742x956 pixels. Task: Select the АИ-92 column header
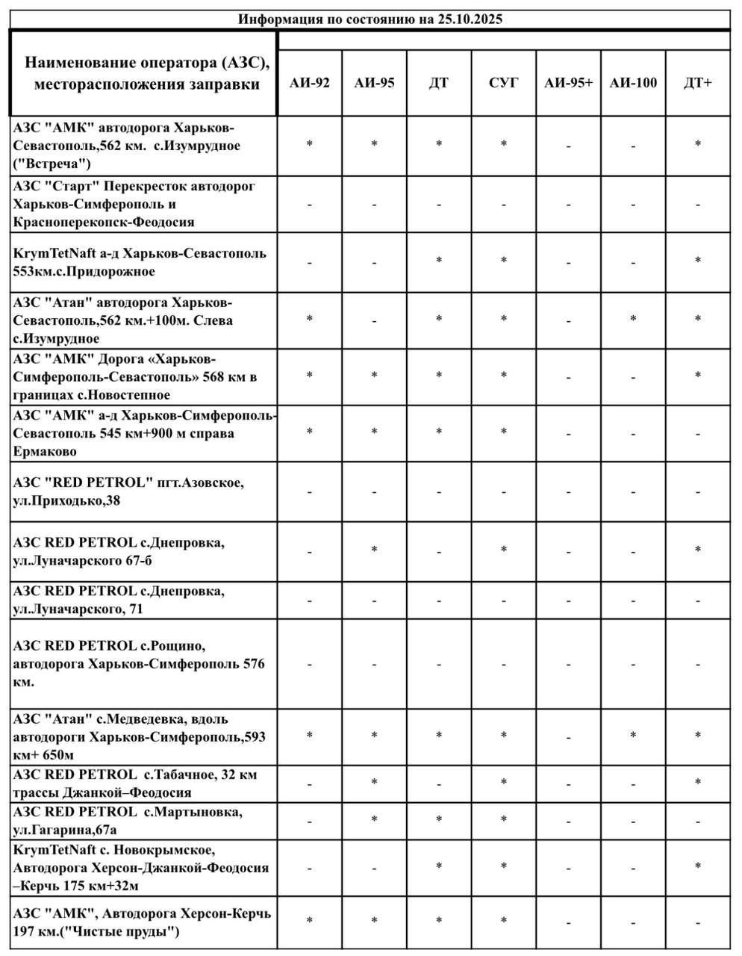pyautogui.click(x=310, y=83)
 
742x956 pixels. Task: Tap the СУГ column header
pyautogui.click(x=503, y=83)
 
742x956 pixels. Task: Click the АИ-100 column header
pyautogui.click(x=633, y=83)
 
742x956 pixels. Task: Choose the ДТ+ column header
pyautogui.click(x=698, y=83)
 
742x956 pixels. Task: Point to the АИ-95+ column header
pyautogui.click(x=568, y=83)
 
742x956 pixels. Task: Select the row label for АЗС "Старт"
pyautogui.click(x=134, y=204)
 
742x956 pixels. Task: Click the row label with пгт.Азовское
pyautogui.click(x=128, y=491)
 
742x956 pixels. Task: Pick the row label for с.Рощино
pyautogui.click(x=139, y=663)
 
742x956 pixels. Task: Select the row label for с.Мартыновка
pyautogui.click(x=127, y=820)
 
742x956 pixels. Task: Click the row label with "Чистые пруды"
pyautogui.click(x=142, y=922)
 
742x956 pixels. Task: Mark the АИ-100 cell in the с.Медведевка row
pyautogui.click(x=633, y=736)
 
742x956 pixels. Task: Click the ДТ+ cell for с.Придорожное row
pyautogui.click(x=698, y=261)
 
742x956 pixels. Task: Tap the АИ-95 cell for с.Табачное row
pyautogui.click(x=374, y=783)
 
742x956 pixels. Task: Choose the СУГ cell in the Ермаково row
pyautogui.click(x=503, y=432)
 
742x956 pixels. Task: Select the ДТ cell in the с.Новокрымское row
pyautogui.click(x=439, y=866)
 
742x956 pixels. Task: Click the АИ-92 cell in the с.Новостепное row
pyautogui.click(x=310, y=376)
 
